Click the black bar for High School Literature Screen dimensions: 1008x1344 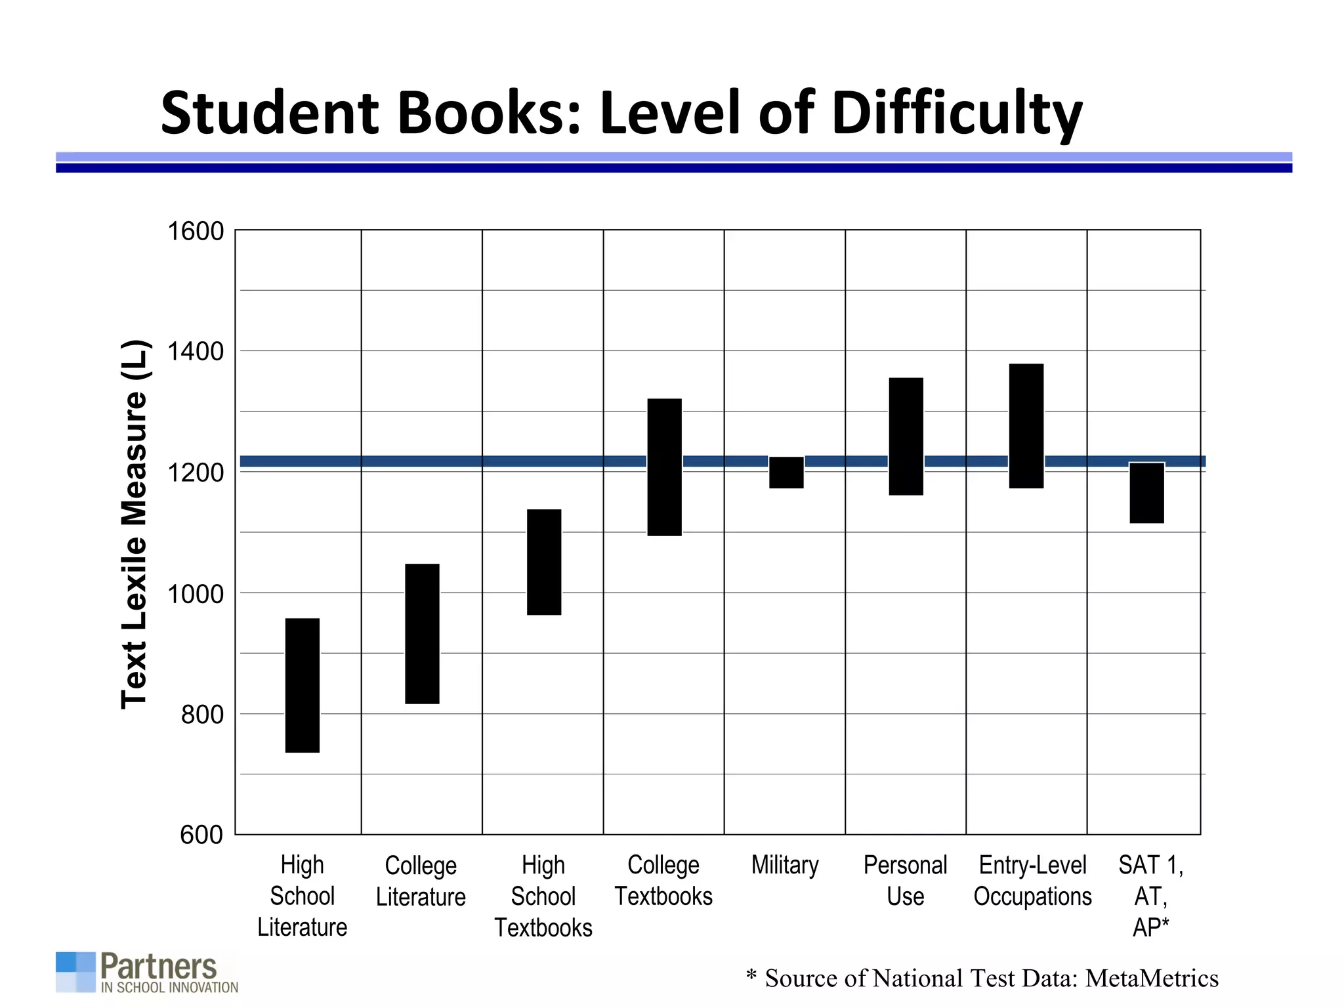pos(303,685)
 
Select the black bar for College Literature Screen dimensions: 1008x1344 pos(422,633)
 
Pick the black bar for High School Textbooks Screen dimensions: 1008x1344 pos(544,562)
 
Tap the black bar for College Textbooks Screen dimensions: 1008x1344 pos(664,467)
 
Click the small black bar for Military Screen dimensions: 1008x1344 pos(786,472)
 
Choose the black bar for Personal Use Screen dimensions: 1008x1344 pos(906,436)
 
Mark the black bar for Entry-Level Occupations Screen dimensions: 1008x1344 pos(1026,425)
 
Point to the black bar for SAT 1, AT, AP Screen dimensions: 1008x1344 pos(1146,493)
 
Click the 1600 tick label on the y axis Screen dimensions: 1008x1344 pos(196,232)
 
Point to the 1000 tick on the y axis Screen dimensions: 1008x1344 pos(196,594)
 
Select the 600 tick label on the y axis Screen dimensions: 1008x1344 pos(201,835)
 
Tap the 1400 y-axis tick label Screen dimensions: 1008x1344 pos(196,352)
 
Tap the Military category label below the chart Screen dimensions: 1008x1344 pos(785,865)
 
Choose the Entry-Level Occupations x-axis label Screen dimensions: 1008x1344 pos(1032,881)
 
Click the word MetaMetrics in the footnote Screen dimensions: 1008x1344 pos(1152,978)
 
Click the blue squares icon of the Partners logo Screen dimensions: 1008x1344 pos(75,971)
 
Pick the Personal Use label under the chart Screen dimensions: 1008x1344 pos(905,881)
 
